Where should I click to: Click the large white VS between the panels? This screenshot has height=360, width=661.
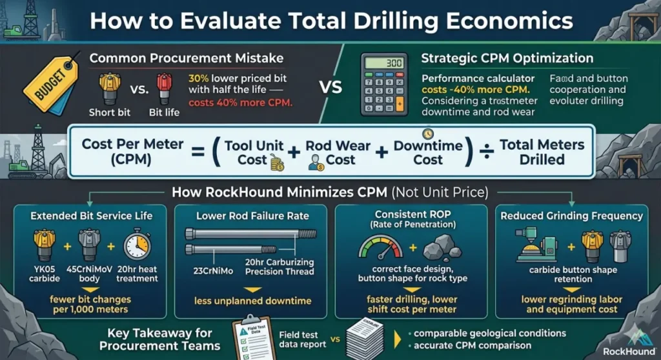coord(331,87)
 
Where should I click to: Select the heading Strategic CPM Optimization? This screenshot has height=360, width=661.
coord(507,58)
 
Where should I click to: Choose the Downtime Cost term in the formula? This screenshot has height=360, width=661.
coord(429,152)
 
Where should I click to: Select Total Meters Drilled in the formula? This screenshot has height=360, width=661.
coord(542,152)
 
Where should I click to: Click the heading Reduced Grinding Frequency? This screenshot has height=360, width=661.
coord(571,216)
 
